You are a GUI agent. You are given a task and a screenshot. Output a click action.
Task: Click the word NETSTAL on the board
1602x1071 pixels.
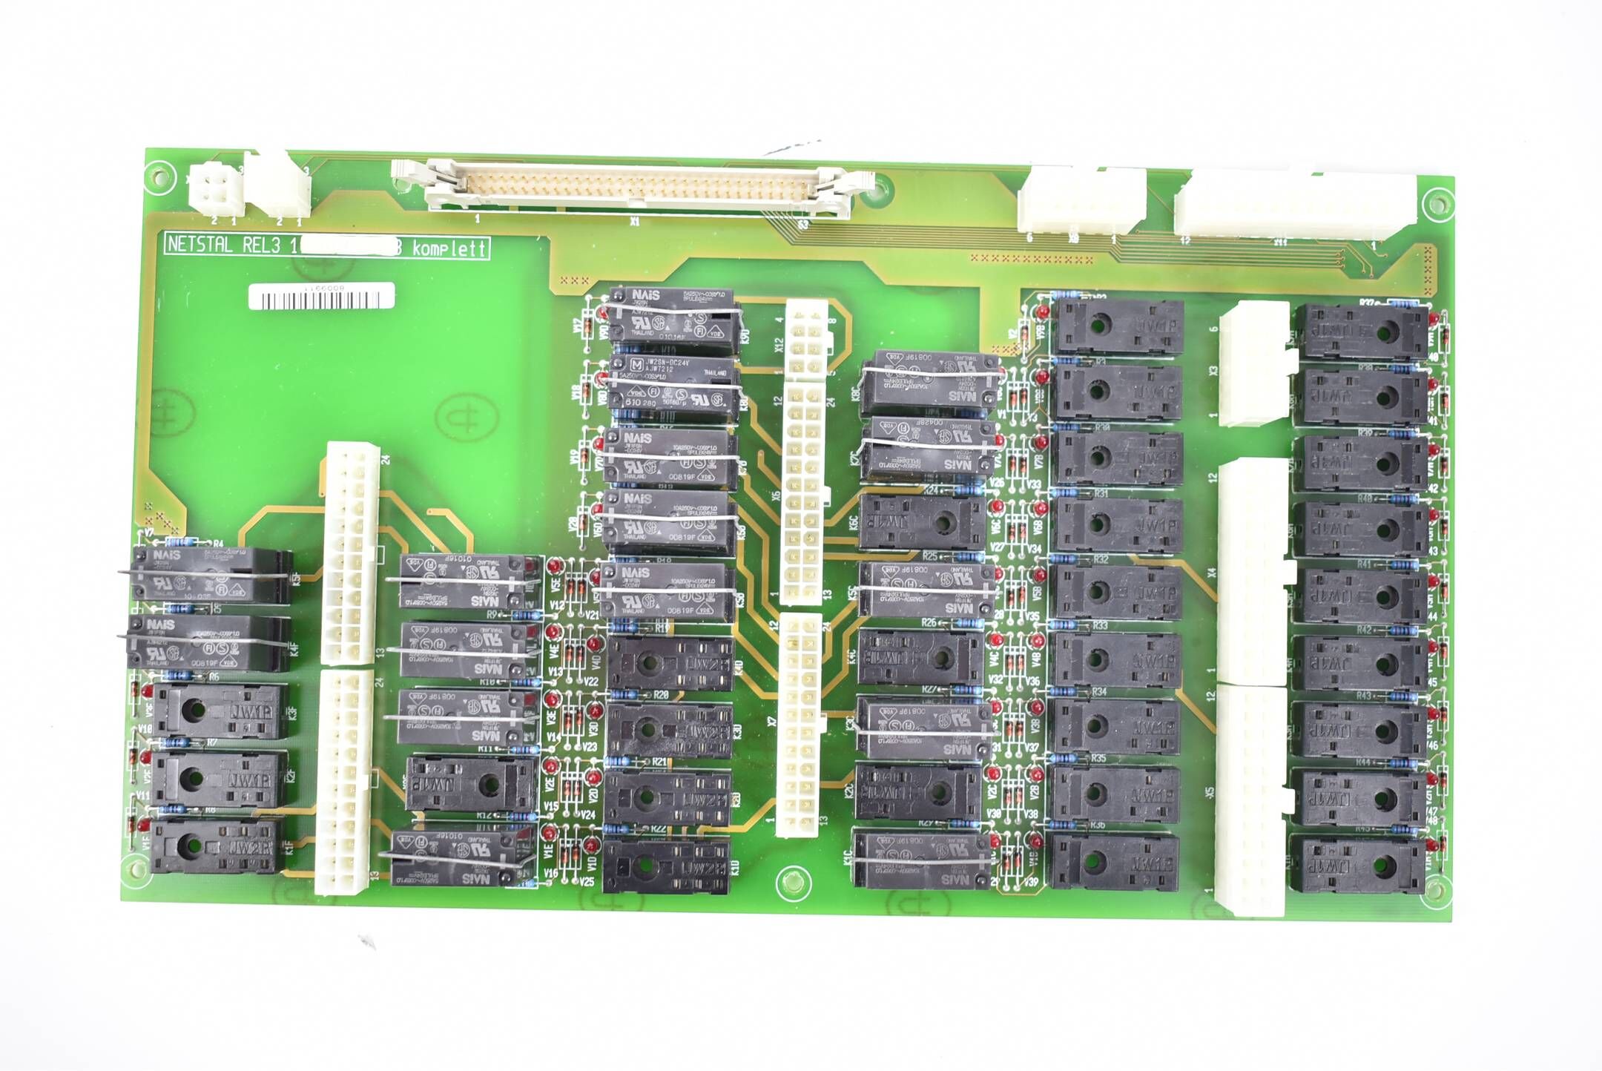pyautogui.click(x=200, y=245)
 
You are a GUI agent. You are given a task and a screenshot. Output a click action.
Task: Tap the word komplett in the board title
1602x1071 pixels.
pyautogui.click(x=449, y=248)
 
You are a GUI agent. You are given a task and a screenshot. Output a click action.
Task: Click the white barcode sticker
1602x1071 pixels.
pyautogui.click(x=321, y=298)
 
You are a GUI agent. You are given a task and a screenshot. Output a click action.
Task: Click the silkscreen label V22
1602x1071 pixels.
pyautogui.click(x=591, y=682)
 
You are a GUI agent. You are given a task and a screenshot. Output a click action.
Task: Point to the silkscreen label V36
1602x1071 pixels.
pyautogui.click(x=1032, y=681)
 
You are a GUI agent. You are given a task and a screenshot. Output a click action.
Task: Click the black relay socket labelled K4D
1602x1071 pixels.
pyautogui.click(x=670, y=664)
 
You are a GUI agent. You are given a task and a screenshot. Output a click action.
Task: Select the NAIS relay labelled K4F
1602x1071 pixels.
pyautogui.click(x=208, y=642)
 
